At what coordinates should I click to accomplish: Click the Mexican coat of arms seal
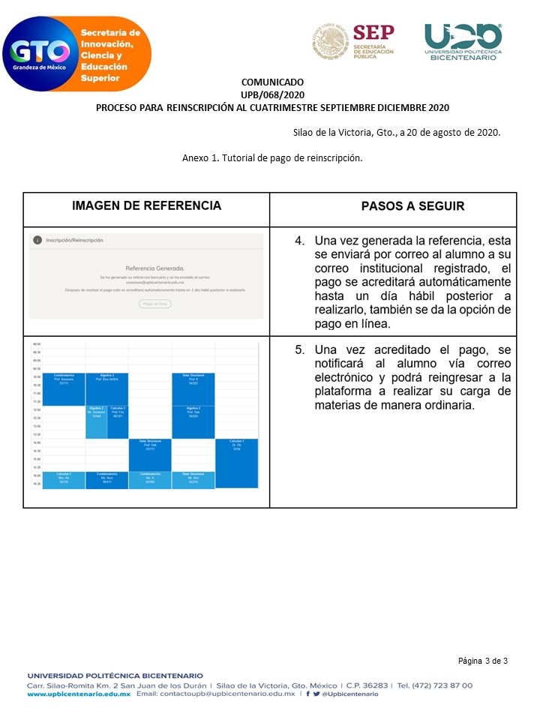(329, 41)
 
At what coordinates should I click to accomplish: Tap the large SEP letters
(373, 33)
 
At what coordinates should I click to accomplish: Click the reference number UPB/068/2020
(272, 94)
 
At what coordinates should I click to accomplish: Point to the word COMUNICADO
(272, 82)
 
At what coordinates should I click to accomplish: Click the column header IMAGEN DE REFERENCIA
(146, 205)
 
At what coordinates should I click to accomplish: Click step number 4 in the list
(299, 241)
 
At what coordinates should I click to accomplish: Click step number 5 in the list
(299, 350)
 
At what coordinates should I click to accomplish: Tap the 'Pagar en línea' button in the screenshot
(155, 304)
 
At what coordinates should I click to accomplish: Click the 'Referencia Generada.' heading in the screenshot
(154, 268)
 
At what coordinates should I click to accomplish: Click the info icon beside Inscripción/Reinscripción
(37, 240)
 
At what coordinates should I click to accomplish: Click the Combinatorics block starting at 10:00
(64, 388)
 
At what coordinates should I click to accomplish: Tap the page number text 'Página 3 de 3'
(483, 661)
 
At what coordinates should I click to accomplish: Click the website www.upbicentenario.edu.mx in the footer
(79, 694)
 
